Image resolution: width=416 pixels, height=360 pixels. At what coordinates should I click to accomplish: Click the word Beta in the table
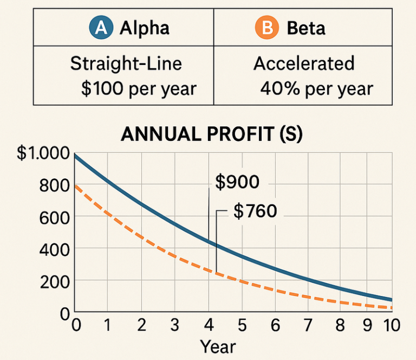(306, 28)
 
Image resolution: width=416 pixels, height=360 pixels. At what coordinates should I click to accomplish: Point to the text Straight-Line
(126, 63)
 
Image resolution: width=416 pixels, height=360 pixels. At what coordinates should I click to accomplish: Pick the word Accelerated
(304, 63)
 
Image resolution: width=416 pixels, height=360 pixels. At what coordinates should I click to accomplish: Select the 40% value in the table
(278, 88)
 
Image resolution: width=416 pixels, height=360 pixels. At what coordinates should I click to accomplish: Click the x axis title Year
(218, 346)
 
